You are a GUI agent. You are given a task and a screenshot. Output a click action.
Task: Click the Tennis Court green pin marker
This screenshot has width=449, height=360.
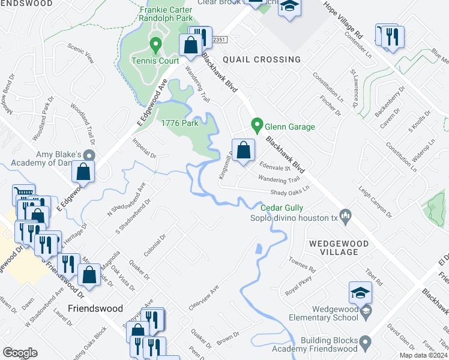(x=155, y=44)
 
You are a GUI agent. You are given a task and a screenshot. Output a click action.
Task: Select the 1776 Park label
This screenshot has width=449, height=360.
(x=179, y=123)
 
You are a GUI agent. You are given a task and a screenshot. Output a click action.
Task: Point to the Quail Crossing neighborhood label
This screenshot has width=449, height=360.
(x=261, y=59)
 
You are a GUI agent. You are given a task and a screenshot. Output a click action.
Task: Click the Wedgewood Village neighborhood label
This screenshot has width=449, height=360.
(x=333, y=248)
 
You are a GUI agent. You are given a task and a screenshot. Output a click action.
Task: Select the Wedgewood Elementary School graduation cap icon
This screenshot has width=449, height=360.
(x=360, y=292)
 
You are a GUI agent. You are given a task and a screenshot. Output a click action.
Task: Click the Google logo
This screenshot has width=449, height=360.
(x=20, y=353)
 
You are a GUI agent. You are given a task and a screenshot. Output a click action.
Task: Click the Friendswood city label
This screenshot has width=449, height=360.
(x=95, y=308)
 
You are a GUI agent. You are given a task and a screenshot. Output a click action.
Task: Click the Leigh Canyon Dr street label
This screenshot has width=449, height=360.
(x=375, y=201)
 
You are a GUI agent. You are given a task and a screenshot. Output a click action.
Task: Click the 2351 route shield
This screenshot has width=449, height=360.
(x=220, y=38)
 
